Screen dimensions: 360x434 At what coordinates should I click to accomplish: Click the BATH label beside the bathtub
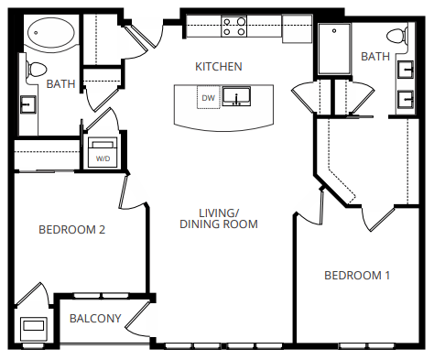click(x=60, y=84)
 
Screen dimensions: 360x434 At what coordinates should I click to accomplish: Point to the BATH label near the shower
click(x=374, y=57)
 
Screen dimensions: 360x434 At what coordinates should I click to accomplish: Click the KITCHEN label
click(x=219, y=66)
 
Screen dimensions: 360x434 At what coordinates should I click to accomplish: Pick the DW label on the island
click(x=209, y=97)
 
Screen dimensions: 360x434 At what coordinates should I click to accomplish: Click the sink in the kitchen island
click(x=238, y=97)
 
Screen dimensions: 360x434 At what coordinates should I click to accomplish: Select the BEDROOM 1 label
click(x=358, y=275)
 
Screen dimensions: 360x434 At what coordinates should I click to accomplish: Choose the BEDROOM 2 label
click(x=71, y=230)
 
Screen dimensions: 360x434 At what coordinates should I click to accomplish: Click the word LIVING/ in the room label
click(x=218, y=210)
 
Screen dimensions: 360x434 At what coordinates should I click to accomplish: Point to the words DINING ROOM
click(x=218, y=224)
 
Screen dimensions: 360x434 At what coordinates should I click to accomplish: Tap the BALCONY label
click(x=95, y=319)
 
